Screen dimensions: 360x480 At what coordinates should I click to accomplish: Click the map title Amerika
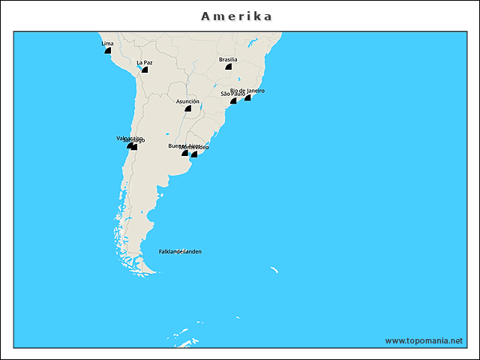point(237,16)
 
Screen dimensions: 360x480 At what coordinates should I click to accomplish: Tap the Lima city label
point(107,43)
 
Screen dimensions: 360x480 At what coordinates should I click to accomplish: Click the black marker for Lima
point(108,51)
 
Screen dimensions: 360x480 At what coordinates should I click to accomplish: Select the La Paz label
point(145,62)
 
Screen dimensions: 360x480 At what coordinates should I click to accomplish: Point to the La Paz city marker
point(145,70)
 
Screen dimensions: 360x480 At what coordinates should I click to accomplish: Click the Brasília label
point(228,59)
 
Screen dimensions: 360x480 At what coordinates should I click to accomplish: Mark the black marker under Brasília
point(228,67)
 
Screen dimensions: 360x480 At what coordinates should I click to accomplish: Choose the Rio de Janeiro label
point(248,90)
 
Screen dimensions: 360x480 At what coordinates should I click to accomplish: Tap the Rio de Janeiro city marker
point(247,97)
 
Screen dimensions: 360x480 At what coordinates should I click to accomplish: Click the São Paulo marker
point(233,100)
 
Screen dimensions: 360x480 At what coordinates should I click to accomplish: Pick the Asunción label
point(187,100)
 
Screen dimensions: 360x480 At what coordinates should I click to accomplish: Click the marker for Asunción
point(187,108)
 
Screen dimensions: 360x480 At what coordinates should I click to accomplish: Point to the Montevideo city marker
point(194,154)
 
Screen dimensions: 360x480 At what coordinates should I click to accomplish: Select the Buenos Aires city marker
point(184,153)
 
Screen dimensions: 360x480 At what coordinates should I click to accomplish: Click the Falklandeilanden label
point(180,251)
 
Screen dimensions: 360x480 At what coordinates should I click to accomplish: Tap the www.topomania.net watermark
point(424,340)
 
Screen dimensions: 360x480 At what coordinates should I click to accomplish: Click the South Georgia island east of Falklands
point(274,269)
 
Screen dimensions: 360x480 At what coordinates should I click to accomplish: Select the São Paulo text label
point(231,94)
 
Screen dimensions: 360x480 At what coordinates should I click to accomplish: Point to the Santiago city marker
point(134,147)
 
